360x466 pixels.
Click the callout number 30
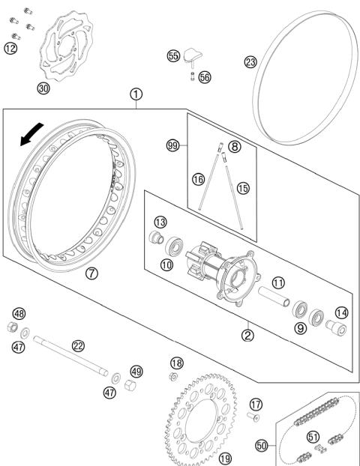[44, 88]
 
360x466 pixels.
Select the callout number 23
[250, 62]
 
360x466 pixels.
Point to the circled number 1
[136, 94]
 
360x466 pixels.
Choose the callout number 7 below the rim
[91, 273]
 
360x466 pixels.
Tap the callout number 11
[277, 283]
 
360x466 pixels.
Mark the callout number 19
[224, 459]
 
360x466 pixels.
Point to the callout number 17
[256, 405]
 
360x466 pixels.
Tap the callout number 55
[173, 55]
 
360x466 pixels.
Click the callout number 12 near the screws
[10, 49]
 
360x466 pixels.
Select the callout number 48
[19, 313]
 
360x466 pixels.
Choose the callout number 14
[342, 313]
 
